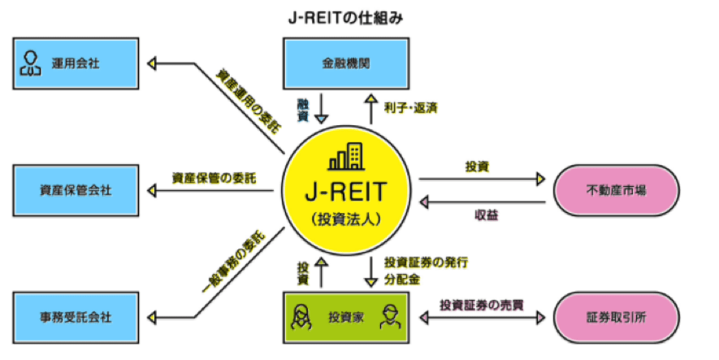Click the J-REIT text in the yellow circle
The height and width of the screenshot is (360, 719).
347,192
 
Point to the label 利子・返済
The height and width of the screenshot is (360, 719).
409,108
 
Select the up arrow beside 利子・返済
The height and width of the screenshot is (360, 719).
370,108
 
